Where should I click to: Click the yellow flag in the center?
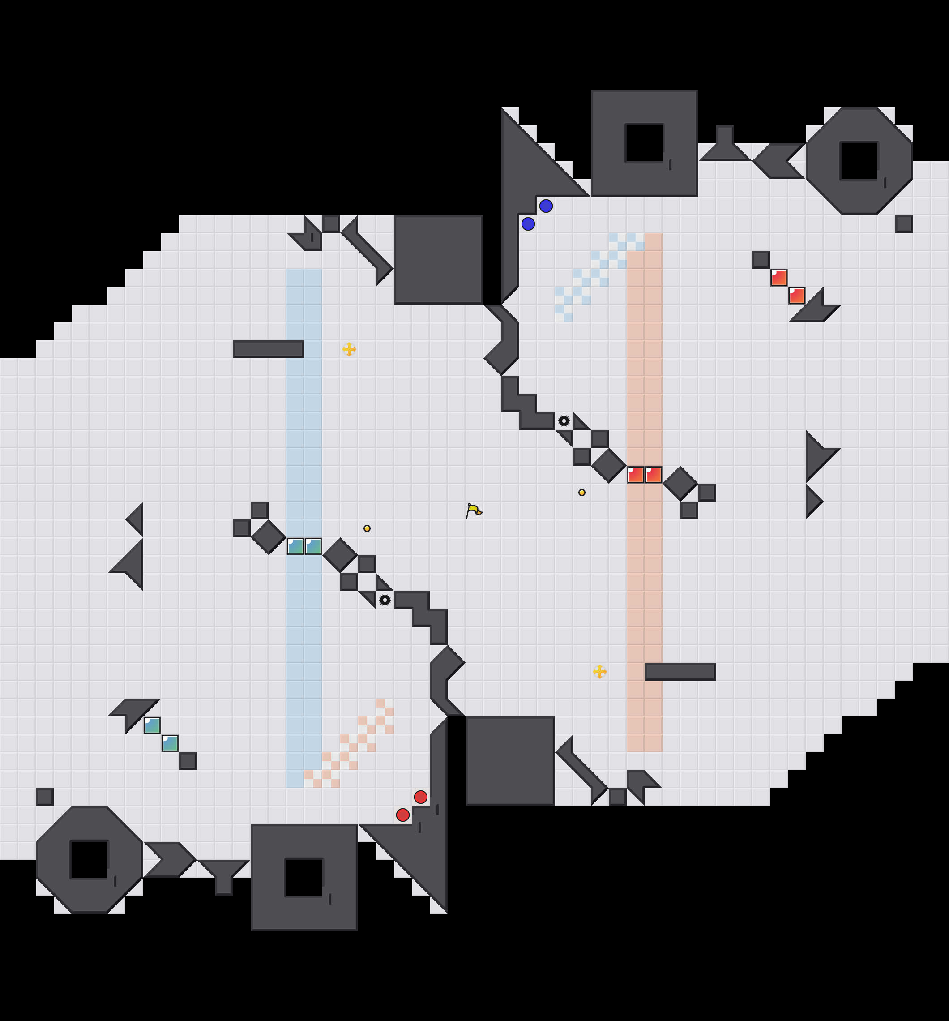[474, 510]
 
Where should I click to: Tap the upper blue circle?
[546, 206]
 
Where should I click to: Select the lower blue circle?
[528, 224]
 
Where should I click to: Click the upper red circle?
[421, 797]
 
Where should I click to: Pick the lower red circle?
[402, 815]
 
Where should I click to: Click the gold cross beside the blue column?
[349, 349]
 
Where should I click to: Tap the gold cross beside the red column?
[599, 672]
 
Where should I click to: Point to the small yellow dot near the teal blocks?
[367, 528]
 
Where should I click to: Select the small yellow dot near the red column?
[582, 493]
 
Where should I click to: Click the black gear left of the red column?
[564, 421]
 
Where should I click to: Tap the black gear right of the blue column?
[385, 600]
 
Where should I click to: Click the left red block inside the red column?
[635, 475]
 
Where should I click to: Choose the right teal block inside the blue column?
[313, 546]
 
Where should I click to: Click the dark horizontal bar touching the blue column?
[268, 349]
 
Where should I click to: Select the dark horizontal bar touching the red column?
[680, 672]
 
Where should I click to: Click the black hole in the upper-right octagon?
[859, 161]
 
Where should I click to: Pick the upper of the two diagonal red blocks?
[778, 278]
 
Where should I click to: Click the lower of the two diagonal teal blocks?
[170, 743]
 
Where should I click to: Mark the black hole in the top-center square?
[644, 143]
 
